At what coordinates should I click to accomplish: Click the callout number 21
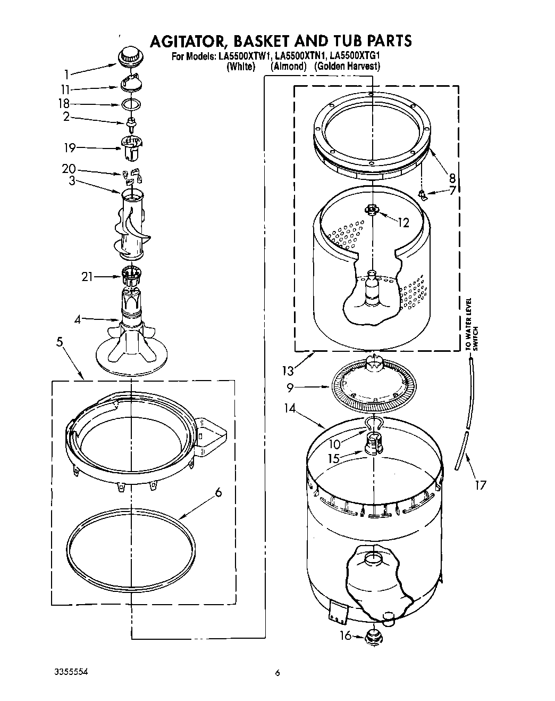pos(87,276)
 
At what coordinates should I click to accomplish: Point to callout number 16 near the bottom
pos(346,635)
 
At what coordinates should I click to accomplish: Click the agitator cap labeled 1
pos(129,56)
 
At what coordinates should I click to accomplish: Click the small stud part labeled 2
pos(130,125)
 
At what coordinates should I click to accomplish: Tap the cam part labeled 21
pos(130,275)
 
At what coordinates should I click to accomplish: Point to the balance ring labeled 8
pos(372,141)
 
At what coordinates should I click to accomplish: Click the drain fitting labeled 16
pos(375,636)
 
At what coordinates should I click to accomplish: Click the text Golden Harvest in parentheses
pos(347,67)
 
